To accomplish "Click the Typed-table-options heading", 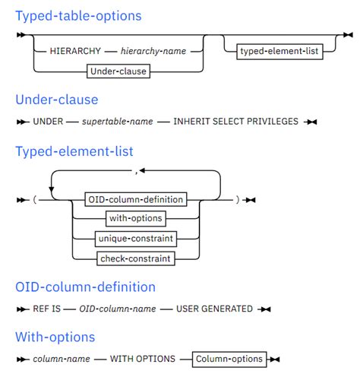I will click(x=78, y=15).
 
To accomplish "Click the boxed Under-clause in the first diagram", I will click(x=118, y=71).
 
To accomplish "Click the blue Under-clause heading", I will click(x=57, y=100).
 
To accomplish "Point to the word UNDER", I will click(x=49, y=122).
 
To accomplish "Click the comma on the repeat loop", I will click(x=136, y=172).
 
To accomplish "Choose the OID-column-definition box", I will click(x=141, y=199).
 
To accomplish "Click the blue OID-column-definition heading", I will click(x=85, y=287).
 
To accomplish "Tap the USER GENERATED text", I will click(x=216, y=309).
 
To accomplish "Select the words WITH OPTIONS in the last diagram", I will click(x=143, y=359).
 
